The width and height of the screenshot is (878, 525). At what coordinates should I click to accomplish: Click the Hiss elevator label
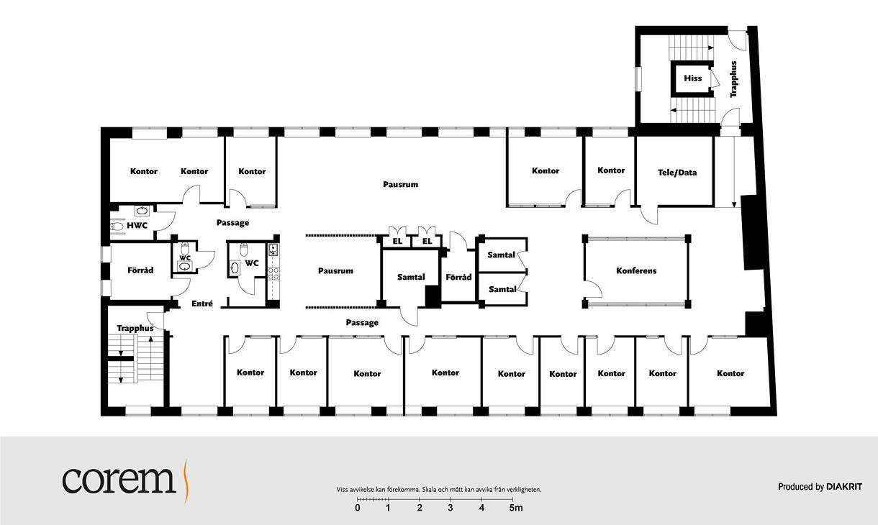coord(692,78)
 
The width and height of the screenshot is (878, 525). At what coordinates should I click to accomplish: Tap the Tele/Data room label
coord(677,173)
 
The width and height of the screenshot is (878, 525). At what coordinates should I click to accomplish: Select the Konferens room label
coord(636,270)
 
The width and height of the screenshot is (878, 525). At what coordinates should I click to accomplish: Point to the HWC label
coord(137,225)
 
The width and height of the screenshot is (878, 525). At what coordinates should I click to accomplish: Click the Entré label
coord(202,303)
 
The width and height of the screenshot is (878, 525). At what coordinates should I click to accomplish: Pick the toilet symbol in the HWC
coord(117,226)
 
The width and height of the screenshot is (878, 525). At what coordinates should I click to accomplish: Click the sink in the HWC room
coord(142,211)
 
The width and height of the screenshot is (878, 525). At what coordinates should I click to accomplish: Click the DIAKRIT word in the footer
coord(844,487)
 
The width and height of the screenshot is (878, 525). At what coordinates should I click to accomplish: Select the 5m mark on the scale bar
coord(516,508)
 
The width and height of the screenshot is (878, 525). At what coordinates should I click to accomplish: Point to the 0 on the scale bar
coord(358,508)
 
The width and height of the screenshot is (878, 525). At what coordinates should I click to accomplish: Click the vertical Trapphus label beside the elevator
coord(733,79)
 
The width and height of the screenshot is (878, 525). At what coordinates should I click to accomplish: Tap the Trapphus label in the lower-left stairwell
coord(135,329)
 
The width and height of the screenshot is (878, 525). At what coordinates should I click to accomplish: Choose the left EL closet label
coord(397,241)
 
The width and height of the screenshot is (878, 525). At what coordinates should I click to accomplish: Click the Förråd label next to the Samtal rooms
coord(458,277)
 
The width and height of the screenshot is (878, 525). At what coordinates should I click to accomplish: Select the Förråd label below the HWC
coord(140,270)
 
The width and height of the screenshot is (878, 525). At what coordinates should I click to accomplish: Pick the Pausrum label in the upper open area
coord(401,184)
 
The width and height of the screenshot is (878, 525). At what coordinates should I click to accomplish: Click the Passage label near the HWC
coord(233,223)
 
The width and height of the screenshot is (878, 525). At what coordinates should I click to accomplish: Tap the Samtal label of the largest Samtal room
coord(411,277)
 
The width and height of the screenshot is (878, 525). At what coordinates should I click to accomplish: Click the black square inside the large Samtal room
coord(433,296)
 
